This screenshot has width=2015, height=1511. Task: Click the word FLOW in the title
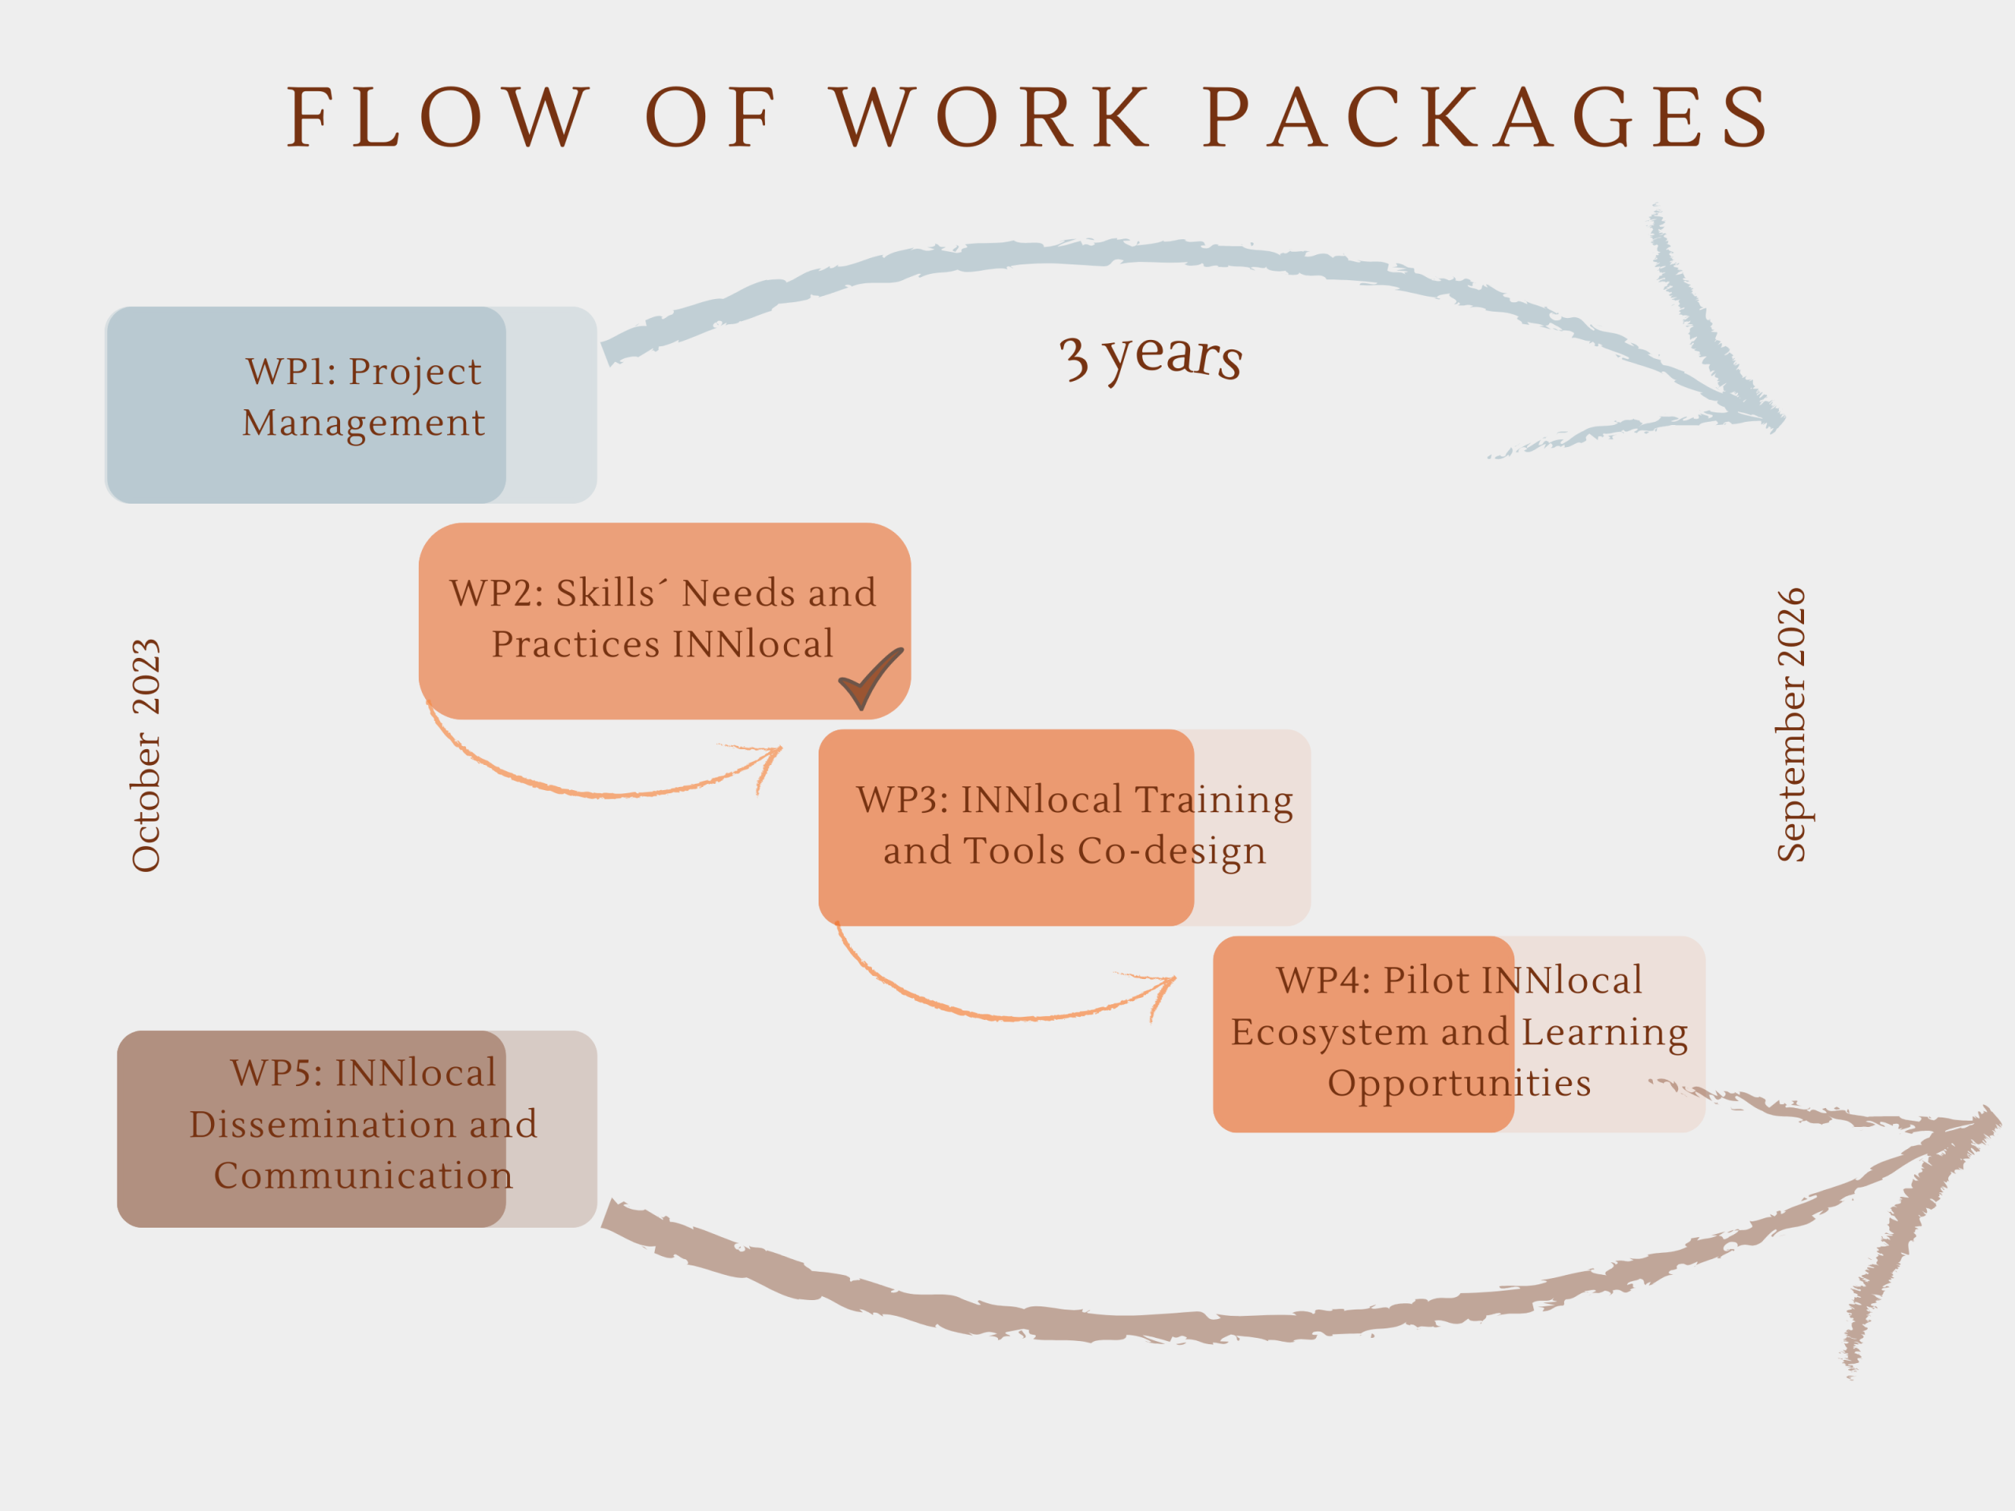point(438,117)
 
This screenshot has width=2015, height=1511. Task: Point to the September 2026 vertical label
point(1791,724)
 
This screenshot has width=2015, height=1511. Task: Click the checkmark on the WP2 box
point(868,679)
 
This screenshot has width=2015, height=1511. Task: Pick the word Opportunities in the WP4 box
point(1459,1083)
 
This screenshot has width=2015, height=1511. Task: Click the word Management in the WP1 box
point(364,423)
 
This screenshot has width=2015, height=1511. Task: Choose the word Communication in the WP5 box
point(364,1175)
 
